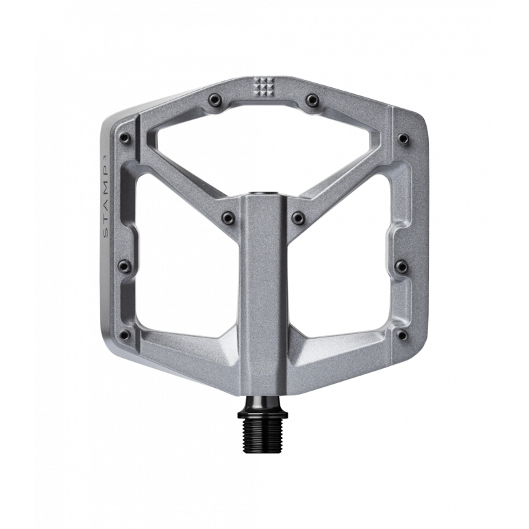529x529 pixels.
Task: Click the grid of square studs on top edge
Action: coord(262,86)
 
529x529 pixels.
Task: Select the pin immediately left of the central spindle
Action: coord(228,217)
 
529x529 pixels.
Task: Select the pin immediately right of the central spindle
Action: coord(297,217)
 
